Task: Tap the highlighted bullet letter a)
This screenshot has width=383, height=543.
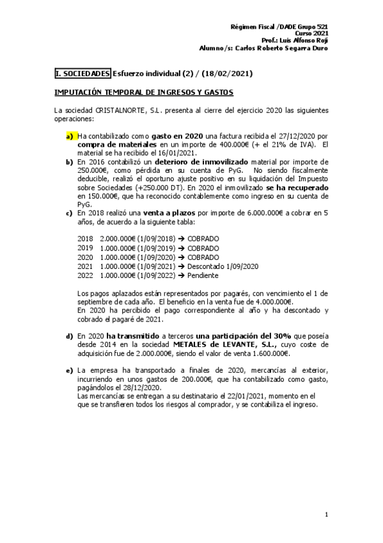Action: tap(69, 136)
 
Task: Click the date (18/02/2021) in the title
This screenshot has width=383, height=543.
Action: tap(227, 74)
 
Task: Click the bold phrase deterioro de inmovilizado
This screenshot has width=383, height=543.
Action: tap(210, 163)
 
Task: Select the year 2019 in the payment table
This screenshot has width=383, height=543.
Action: tap(85, 248)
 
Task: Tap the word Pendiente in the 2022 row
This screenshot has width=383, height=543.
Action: tap(202, 275)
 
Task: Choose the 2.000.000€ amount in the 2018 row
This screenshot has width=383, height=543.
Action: tap(118, 239)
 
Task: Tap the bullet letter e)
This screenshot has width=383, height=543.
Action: tap(69, 371)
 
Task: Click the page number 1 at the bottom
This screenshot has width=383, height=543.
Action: tap(326, 514)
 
